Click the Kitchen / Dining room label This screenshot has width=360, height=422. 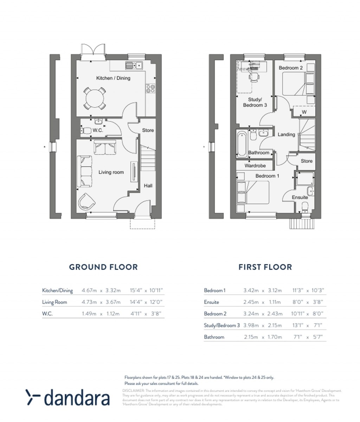coord(113,78)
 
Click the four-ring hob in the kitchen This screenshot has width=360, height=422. coord(150,89)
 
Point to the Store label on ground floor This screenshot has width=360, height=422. coord(148,130)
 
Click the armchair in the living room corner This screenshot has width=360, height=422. coord(86,202)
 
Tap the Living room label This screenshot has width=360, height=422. coord(111,172)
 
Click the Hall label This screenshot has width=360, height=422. coord(148,186)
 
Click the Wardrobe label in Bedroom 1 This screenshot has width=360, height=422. coord(255,166)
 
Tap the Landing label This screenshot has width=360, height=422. coord(286,134)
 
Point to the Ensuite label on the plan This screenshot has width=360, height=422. coord(300,198)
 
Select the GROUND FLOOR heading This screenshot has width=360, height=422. coord(103,267)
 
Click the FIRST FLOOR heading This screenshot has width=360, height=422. coord(265,267)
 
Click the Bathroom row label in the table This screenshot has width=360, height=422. coord(214,337)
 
